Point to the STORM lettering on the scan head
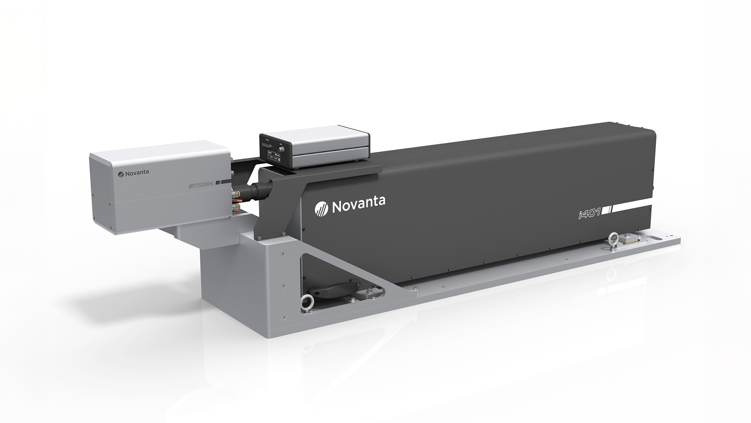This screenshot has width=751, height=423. pos(201,185)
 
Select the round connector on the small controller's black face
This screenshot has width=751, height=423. pos(281,149)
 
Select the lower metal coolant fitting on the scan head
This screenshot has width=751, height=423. pos(236,206)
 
